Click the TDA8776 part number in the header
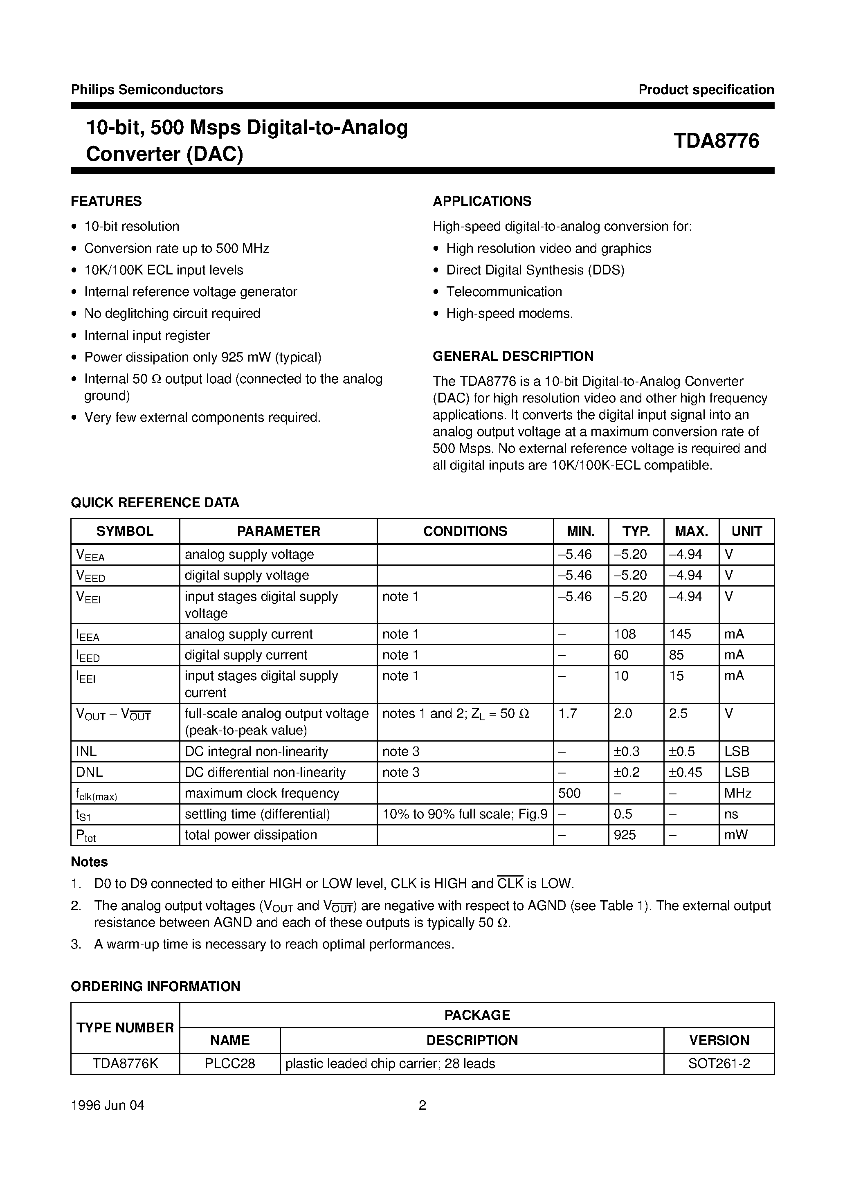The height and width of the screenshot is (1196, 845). pos(716,141)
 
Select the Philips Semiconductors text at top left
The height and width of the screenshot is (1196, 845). pos(147,90)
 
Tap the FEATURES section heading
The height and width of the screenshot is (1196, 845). pos(106,201)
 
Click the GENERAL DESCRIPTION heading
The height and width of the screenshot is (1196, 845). pos(513,356)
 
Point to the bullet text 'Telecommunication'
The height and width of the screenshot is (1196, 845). pos(504,292)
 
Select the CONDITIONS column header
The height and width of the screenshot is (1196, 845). pos(465,531)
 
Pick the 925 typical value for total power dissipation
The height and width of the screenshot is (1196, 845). pos(625,835)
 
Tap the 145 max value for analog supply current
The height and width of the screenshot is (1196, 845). pos(680,634)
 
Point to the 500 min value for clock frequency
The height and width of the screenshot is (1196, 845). pos(569,794)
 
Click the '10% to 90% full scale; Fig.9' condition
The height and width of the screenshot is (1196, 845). pos(465,814)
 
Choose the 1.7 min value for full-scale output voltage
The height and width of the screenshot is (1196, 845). pos(567,714)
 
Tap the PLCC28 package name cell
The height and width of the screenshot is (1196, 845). pos(230,1064)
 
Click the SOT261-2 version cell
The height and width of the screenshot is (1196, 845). pos(719,1064)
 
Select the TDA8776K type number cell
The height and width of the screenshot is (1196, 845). pos(125,1064)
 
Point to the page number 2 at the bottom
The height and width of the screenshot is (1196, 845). pos(422,1105)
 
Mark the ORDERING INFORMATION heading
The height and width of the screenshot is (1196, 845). pos(155,987)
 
